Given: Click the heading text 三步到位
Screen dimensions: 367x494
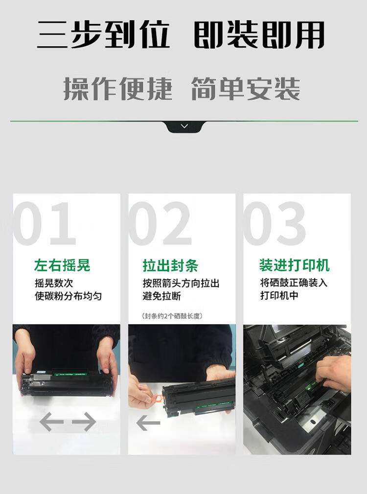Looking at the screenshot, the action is pos(103,35).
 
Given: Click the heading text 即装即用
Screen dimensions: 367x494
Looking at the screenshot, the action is pos(259,35).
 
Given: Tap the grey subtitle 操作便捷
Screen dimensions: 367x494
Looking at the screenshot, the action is pos(118,89).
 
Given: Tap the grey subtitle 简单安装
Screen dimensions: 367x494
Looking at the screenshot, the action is pos(246,89).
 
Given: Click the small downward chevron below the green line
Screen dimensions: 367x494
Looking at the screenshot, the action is pos(184,126).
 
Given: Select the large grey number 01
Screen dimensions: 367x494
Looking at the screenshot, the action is pos(45,223).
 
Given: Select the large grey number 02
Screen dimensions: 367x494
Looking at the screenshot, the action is pos(160,223).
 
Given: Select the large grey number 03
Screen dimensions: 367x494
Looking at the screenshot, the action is pos(275,223).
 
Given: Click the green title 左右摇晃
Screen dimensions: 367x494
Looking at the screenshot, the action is pos(62,265).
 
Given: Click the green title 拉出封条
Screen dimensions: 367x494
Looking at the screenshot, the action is pos(170,265).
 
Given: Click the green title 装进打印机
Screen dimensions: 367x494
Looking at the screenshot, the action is pos(294,265).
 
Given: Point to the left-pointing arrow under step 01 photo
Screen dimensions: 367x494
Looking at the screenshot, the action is pos(51,422).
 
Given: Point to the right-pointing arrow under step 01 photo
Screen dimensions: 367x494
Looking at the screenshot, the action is pos(84,422).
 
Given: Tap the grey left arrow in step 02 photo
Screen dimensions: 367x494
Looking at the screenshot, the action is pos(148,423).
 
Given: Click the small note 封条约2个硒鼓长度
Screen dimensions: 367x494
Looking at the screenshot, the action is pos(172,316).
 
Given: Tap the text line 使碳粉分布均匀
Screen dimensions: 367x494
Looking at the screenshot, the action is pos(69,296).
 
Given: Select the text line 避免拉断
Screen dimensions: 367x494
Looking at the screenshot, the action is pos(162,296).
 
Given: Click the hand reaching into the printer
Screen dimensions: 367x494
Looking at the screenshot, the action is pos(334,374).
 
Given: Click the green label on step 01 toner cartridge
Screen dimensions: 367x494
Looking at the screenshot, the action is pos(69,374).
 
